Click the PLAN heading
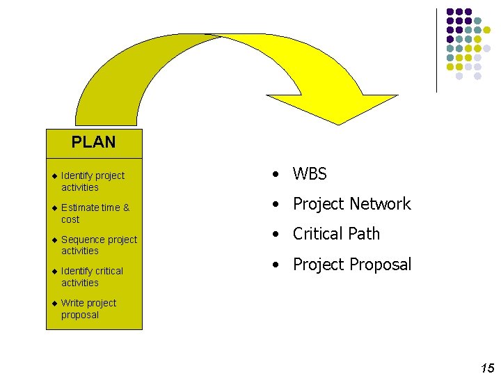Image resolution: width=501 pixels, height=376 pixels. (x=93, y=142)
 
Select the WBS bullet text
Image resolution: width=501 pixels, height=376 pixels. (x=310, y=174)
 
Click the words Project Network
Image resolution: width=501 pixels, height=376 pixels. (x=351, y=204)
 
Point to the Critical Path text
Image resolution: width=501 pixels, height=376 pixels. (x=336, y=234)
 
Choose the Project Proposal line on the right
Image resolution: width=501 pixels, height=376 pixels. (x=351, y=265)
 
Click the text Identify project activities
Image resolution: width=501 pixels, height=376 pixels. (x=93, y=181)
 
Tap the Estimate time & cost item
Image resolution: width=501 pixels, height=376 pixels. (x=95, y=213)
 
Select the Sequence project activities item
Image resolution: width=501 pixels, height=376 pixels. (x=99, y=245)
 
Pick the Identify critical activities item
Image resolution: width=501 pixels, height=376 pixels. (x=92, y=276)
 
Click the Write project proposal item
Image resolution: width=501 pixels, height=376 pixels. (x=88, y=308)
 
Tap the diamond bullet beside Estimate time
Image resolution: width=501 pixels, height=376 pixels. (x=54, y=207)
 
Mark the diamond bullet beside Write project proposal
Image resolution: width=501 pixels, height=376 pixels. (x=54, y=303)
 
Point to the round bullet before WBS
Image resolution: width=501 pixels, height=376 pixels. (x=277, y=175)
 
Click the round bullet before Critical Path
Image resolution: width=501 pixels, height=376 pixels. (x=277, y=235)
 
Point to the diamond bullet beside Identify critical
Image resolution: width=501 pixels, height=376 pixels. (x=54, y=271)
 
